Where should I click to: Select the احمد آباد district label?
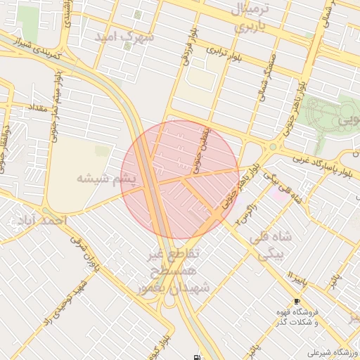point(40,221)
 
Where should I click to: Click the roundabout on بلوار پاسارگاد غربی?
point(271,148)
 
